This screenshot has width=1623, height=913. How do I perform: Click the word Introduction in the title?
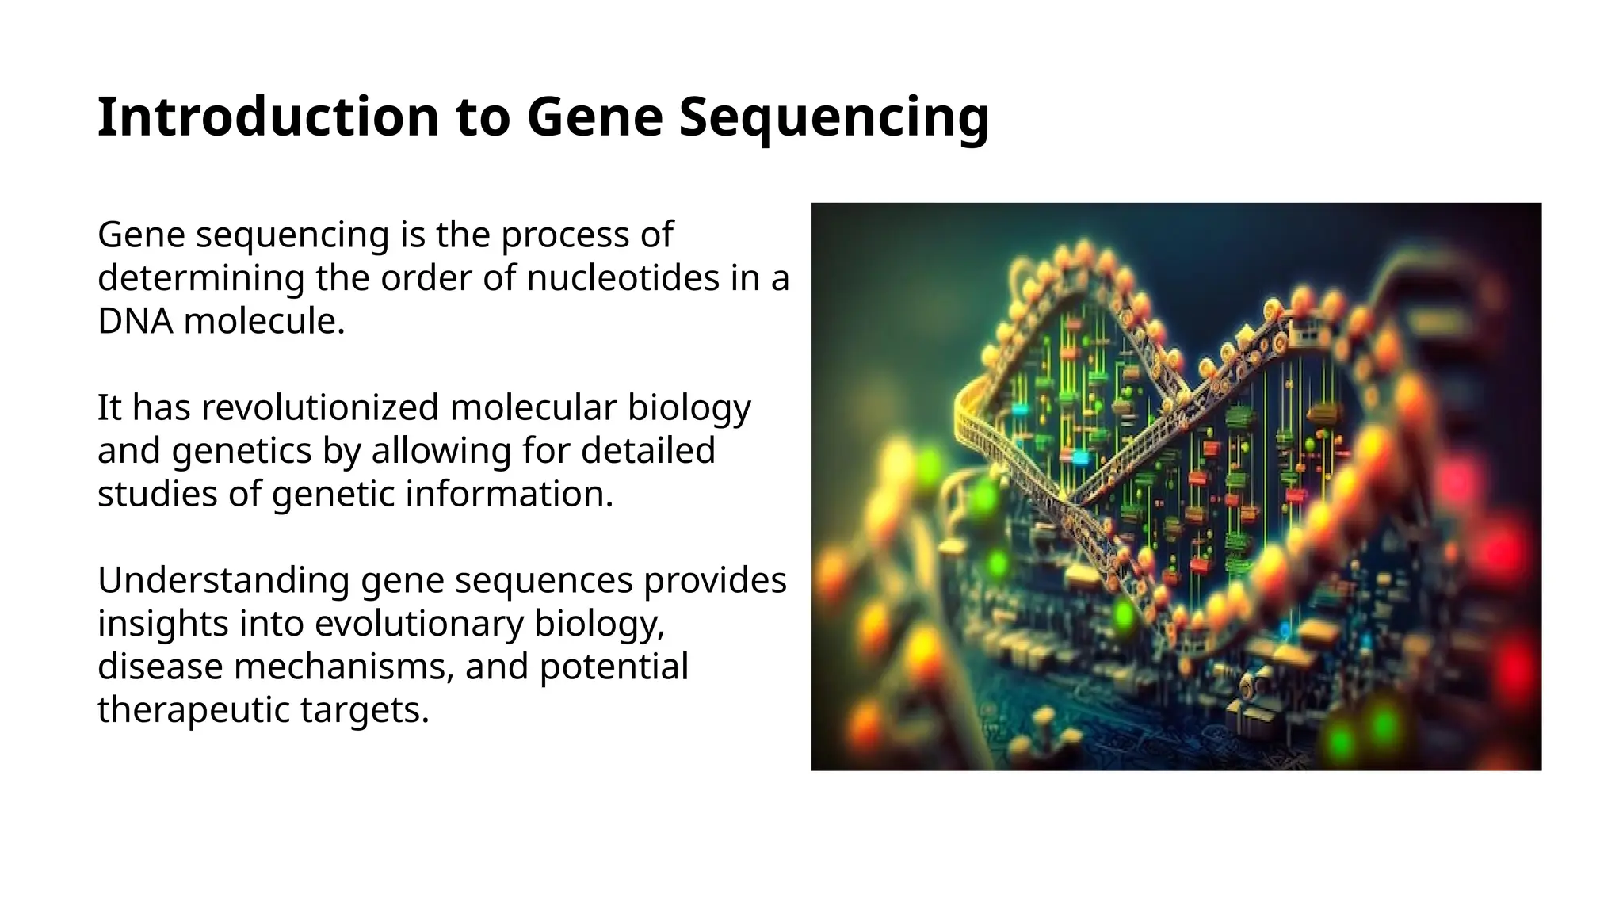[269, 117]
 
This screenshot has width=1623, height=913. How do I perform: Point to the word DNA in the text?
[135, 321]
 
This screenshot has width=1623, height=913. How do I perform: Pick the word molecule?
[265, 321]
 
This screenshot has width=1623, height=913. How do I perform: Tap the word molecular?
[533, 407]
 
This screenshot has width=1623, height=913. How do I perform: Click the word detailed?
[648, 450]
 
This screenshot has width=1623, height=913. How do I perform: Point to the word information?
[510, 494]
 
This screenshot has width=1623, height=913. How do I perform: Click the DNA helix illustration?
[1176, 487]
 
